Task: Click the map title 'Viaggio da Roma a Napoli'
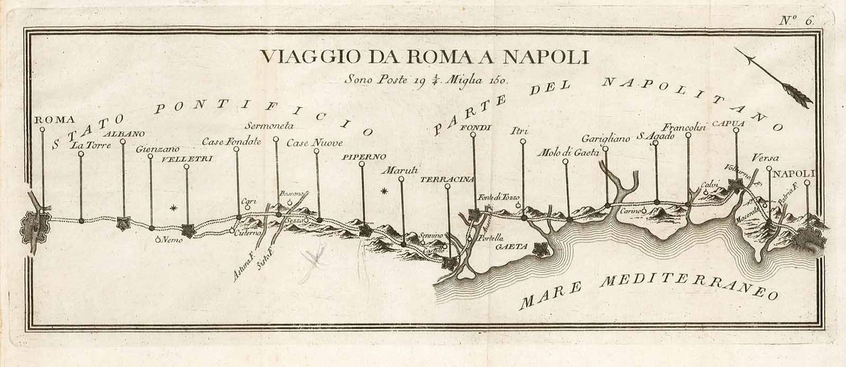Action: (424, 57)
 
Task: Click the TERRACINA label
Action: (447, 179)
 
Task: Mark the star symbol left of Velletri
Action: (174, 208)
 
